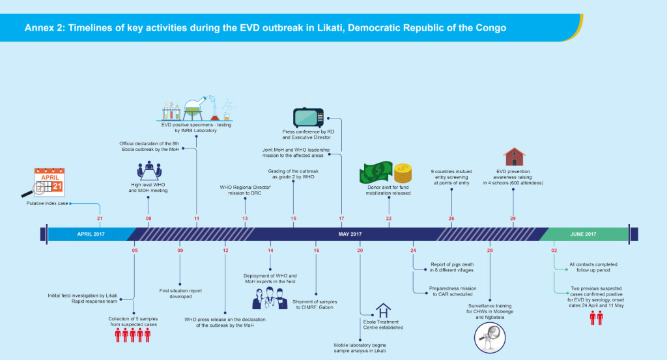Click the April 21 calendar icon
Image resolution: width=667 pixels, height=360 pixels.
pyautogui.click(x=48, y=182)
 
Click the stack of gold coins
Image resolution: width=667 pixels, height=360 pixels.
pyautogui.click(x=403, y=173)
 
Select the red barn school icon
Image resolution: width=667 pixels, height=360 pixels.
pyautogui.click(x=514, y=158)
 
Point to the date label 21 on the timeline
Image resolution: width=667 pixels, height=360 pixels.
pyautogui.click(x=100, y=218)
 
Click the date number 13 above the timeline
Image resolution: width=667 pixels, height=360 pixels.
pyautogui.click(x=245, y=218)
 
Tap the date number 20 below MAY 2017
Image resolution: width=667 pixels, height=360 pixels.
pyautogui.click(x=360, y=250)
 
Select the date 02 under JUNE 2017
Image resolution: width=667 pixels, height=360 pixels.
pyautogui.click(x=554, y=250)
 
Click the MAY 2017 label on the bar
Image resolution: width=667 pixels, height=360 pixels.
pyautogui.click(x=350, y=234)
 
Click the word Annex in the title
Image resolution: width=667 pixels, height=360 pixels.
pyautogui.click(x=40, y=29)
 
